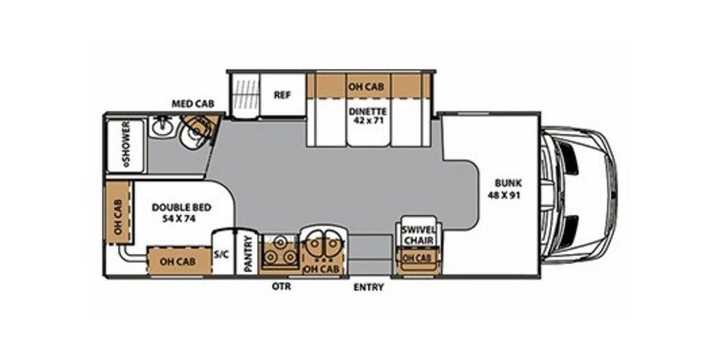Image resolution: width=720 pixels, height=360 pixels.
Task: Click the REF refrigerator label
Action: (x=282, y=93)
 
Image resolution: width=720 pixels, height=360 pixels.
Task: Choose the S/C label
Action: (x=222, y=255)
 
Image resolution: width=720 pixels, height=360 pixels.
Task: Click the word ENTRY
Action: (x=369, y=287)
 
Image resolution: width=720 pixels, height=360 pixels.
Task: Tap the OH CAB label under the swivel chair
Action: (x=416, y=257)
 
